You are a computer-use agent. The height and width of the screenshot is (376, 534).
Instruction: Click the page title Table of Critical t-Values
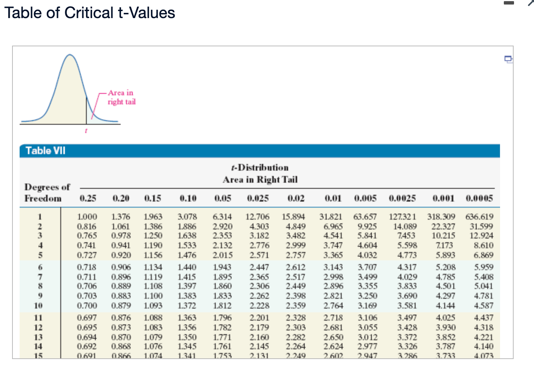90,13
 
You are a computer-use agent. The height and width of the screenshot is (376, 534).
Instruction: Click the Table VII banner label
45,151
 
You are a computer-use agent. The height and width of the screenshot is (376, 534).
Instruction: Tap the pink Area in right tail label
121,97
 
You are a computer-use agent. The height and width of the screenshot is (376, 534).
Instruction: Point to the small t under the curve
86,131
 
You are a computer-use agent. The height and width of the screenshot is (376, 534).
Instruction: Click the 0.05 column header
222,198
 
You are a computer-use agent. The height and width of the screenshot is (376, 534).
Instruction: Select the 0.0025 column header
402,198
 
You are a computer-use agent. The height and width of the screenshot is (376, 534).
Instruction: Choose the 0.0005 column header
479,198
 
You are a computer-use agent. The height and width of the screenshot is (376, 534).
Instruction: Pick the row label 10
38,306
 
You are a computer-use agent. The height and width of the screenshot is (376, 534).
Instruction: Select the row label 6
40,267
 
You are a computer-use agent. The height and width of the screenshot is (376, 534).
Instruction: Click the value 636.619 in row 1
479,217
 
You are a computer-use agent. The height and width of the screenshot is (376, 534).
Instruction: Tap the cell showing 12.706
257,217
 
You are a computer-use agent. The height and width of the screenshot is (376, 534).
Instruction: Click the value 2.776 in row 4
259,245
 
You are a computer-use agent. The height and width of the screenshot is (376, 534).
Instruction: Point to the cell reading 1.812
222,306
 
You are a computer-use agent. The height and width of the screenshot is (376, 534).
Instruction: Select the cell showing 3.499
367,277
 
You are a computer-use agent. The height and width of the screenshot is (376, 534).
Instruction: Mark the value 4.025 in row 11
445,318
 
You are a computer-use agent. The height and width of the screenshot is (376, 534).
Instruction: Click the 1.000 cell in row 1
87,217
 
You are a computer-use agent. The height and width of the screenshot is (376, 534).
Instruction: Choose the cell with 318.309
441,217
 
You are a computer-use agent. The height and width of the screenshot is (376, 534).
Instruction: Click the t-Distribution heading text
260,167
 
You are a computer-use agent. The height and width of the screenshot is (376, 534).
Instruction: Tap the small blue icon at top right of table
508,59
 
